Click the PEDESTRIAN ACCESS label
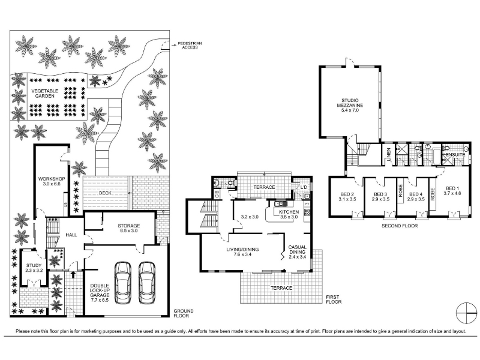point(190,46)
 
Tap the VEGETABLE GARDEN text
point(44,94)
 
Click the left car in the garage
point(123,283)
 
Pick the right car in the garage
point(147,283)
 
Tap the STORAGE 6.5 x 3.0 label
point(129,228)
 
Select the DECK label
point(105,193)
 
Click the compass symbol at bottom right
point(467,313)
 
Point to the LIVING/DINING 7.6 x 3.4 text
point(242,251)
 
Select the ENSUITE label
point(455,155)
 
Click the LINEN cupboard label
point(389,154)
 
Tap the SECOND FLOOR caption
point(400,226)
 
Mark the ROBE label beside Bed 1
point(433,194)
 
